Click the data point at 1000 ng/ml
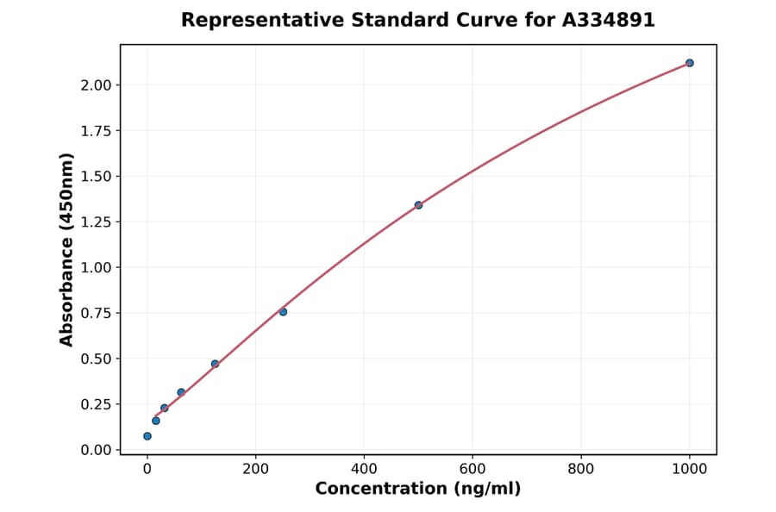coord(690,63)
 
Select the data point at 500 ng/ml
coord(418,205)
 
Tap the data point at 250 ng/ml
coord(283,311)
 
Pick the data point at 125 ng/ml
coord(215,364)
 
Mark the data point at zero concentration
coord(147,436)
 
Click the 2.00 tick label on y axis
coord(97,85)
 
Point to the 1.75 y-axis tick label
coord(97,131)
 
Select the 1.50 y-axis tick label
coord(97,177)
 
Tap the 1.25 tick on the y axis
coord(97,222)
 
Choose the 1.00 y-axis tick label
coord(97,268)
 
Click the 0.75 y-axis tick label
coord(97,314)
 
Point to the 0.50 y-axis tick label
coord(97,359)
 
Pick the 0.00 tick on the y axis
coord(97,450)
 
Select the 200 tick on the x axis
coord(255,469)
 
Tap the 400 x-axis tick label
coord(364,469)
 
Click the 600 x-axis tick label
coord(472,469)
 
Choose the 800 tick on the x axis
coord(581,469)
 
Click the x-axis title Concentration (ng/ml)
coord(418,490)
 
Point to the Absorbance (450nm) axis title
coord(67,249)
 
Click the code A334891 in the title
coord(609,20)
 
